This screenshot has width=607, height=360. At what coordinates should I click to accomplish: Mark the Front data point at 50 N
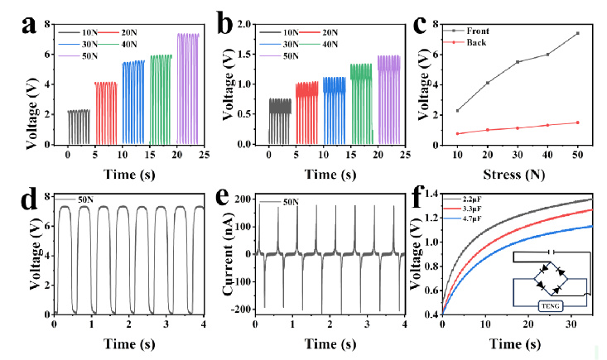(577, 33)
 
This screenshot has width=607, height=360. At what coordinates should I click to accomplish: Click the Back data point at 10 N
(458, 133)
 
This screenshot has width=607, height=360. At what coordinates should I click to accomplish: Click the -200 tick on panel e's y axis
(242, 308)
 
